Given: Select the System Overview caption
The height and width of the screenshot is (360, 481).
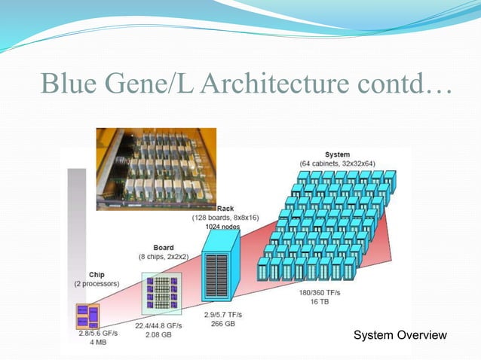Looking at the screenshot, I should click(x=400, y=334).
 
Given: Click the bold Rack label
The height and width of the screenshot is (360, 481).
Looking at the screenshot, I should click(x=225, y=208).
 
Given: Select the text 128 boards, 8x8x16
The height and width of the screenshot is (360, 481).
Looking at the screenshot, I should click(x=225, y=217).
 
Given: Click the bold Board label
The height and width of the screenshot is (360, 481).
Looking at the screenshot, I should click(x=164, y=247).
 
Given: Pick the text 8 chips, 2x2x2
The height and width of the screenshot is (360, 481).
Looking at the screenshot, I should click(x=164, y=256).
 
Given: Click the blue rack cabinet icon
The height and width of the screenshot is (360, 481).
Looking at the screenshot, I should click(x=221, y=267).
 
